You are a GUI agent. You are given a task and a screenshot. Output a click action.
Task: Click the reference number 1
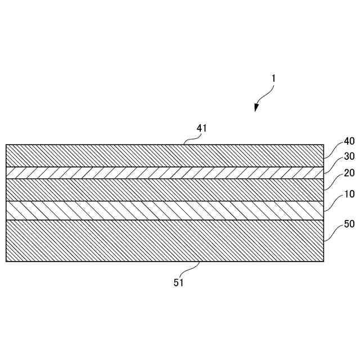coord(273,79)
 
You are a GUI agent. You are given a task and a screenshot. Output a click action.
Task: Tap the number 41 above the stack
coord(202,128)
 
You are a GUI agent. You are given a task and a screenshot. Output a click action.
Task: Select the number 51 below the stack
coord(178,282)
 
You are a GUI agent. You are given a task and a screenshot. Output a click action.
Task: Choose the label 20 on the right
coord(349,173)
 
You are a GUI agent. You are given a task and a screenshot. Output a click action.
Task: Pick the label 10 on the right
coord(349,194)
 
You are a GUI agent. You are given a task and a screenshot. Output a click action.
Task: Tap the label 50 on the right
coord(349,224)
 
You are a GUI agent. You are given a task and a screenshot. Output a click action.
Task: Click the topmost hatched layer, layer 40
coord(163,155)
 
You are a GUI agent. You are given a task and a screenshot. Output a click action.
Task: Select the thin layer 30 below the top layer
coord(163,172)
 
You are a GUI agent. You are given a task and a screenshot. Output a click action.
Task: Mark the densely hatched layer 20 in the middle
coord(163,190)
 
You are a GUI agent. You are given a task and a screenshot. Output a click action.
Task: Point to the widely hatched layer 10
coord(163,210)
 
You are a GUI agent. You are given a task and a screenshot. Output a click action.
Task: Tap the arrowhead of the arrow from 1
coord(256,108)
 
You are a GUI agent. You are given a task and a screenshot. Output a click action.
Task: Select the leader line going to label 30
coord(333,164)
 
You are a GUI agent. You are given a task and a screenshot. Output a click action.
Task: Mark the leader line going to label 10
coord(333,202)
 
